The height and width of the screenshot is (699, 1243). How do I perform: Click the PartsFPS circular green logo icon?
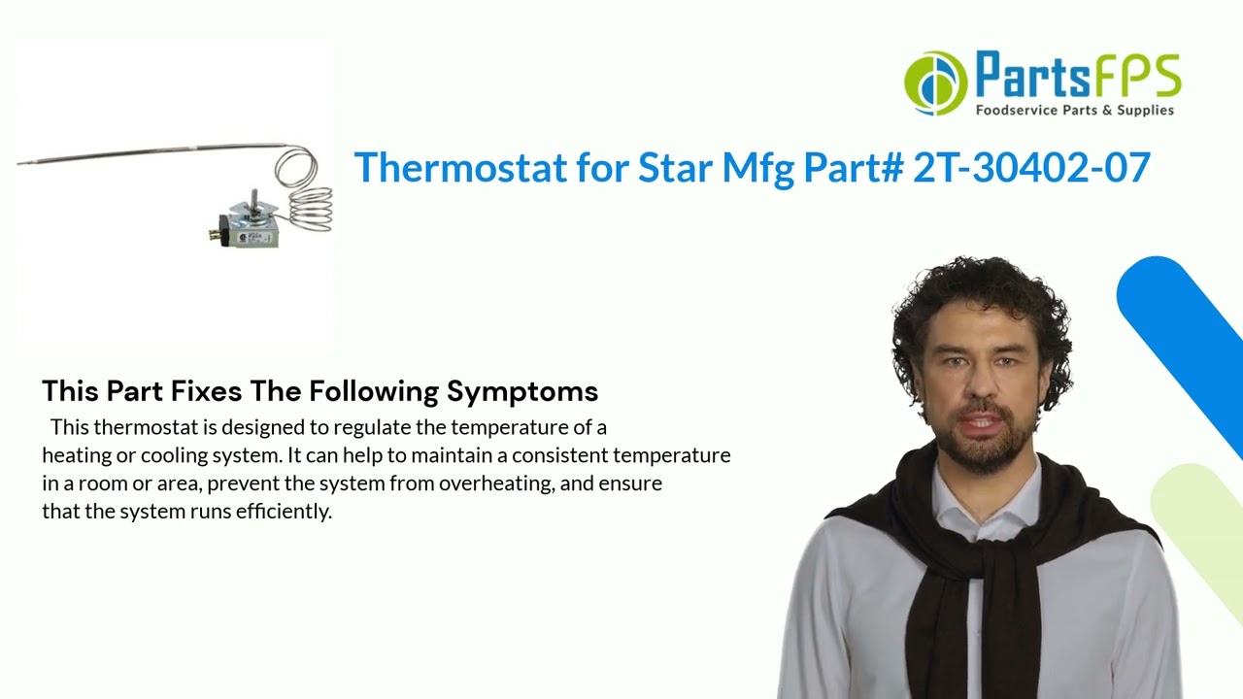point(935,83)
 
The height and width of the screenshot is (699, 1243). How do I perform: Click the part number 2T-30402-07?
point(1031,168)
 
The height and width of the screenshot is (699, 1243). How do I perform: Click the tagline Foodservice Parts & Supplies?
point(1074,111)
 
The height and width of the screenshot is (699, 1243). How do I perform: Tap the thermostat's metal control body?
point(254,225)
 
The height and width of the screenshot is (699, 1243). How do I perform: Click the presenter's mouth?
point(979,424)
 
